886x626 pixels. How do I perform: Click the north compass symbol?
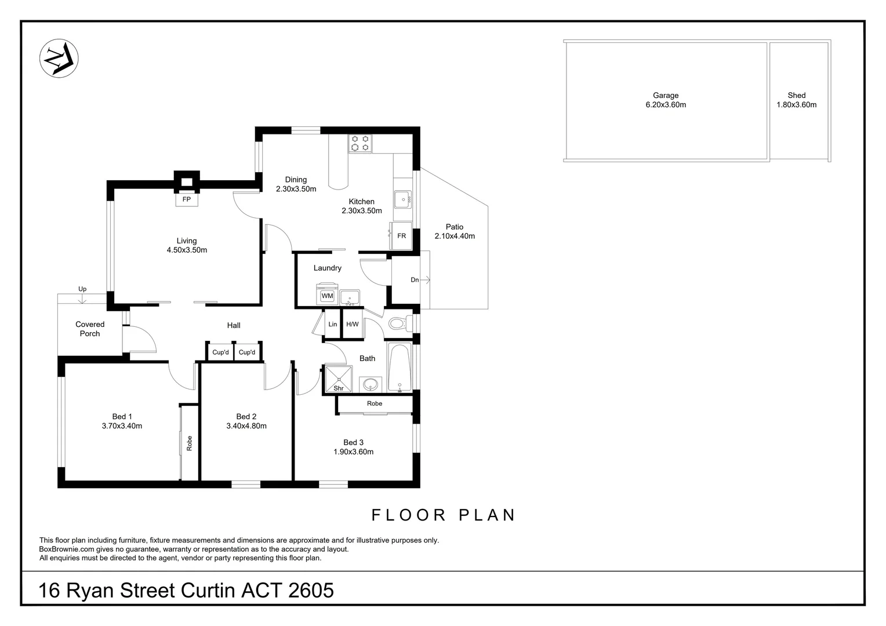[59, 58]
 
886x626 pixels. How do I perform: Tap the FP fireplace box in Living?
[187, 199]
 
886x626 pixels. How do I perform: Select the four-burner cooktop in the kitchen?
[360, 144]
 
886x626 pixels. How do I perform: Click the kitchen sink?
[403, 200]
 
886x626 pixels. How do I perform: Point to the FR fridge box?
[401, 236]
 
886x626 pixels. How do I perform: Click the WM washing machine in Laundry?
[327, 294]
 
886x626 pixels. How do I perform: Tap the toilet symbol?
[400, 324]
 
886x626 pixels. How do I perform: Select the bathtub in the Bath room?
[400, 367]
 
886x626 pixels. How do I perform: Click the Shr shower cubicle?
[338, 378]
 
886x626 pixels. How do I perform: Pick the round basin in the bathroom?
[371, 384]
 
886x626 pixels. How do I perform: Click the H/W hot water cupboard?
[353, 324]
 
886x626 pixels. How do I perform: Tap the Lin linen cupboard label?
[333, 324]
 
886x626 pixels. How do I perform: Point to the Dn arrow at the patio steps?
[425, 280]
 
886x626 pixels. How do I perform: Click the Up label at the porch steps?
[82, 289]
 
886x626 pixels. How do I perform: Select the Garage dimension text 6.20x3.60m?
[666, 105]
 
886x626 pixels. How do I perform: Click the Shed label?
[796, 95]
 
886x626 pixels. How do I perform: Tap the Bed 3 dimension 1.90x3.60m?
[353, 452]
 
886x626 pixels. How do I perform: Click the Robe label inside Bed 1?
[190, 443]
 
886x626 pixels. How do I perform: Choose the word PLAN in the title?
[487, 515]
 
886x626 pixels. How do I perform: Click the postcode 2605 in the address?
[311, 591]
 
